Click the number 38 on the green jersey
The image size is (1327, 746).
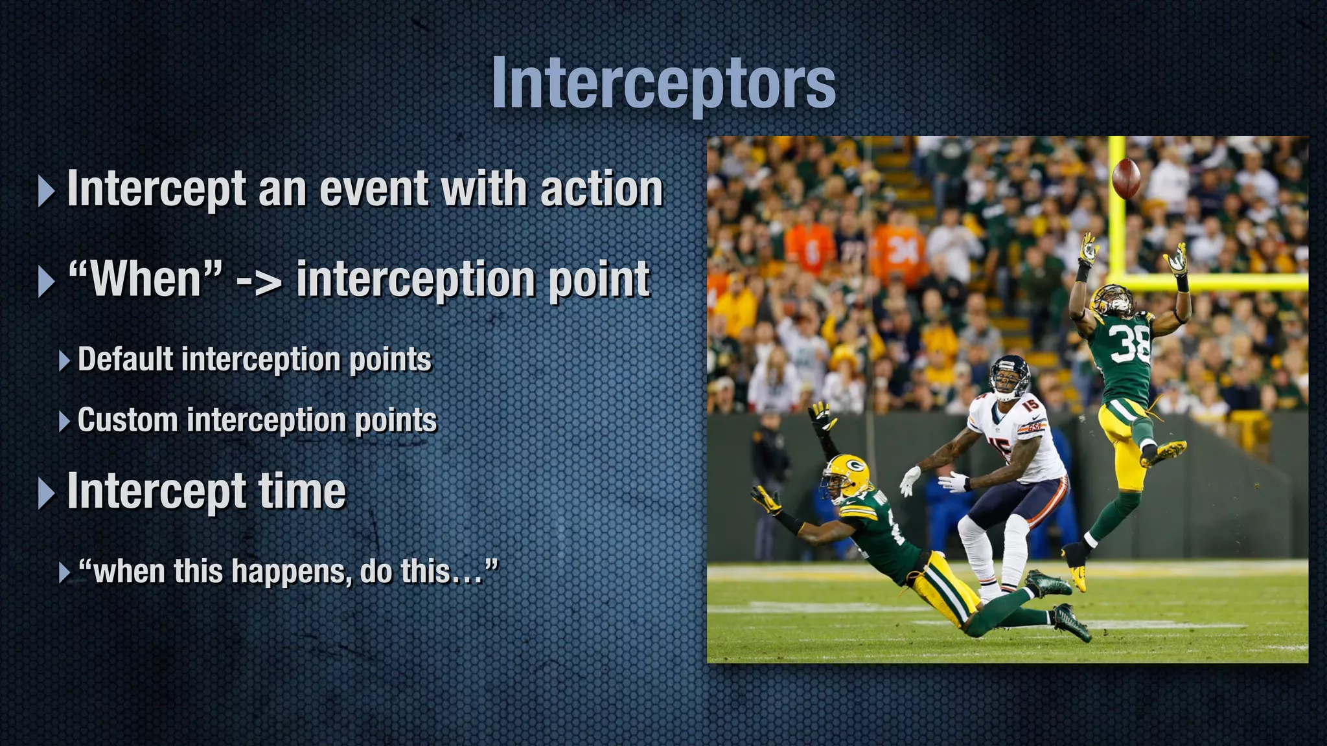point(1129,344)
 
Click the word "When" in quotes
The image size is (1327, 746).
point(145,280)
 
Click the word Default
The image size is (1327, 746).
point(126,359)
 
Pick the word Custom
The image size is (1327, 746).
point(127,420)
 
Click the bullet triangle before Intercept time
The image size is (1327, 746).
point(47,493)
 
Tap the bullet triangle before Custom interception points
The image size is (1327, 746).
point(64,422)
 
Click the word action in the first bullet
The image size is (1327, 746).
point(601,189)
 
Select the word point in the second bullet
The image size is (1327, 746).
point(599,280)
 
